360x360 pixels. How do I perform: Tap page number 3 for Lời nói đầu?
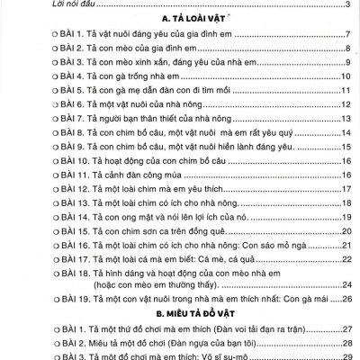click(x=347, y=4)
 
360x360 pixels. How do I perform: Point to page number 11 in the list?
click(x=345, y=91)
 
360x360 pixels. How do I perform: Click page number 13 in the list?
click(x=345, y=119)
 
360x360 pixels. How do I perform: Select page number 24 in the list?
click(x=345, y=286)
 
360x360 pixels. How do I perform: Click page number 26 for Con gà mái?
click(x=345, y=301)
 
